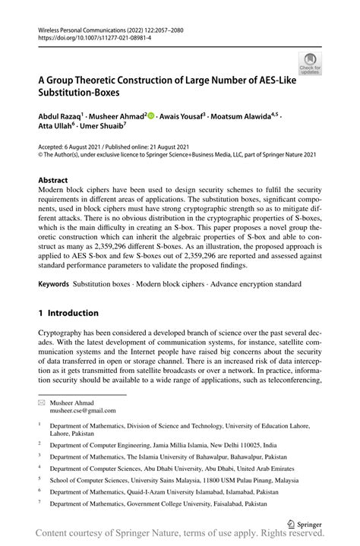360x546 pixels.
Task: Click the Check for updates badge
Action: (311, 64)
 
